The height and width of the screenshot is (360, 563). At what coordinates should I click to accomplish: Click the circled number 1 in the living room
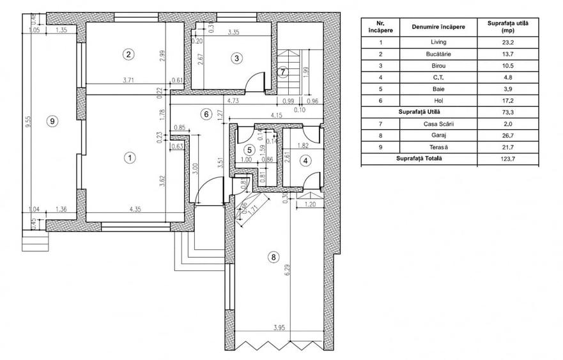(129, 157)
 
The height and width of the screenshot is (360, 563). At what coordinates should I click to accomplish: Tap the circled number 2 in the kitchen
(128, 54)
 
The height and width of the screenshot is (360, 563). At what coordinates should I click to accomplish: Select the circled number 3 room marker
(236, 58)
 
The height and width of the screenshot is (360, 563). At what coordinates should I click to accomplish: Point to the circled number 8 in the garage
(274, 257)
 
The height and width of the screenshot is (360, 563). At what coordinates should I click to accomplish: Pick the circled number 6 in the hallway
(205, 114)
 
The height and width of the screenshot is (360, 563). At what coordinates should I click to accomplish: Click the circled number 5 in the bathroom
(251, 150)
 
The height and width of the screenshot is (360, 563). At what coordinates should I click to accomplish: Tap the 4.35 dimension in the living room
(135, 208)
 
